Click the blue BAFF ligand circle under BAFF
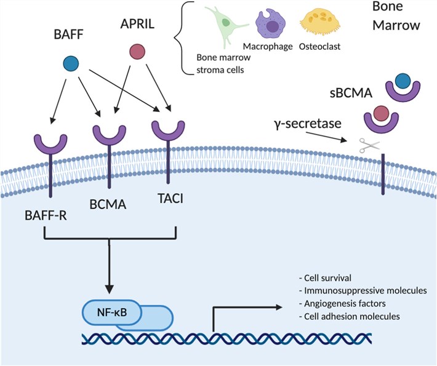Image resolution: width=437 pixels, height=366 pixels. pos(71,63)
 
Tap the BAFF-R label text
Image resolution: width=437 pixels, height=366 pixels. pos(46,216)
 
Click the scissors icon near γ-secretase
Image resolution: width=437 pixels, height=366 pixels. pos(370,146)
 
